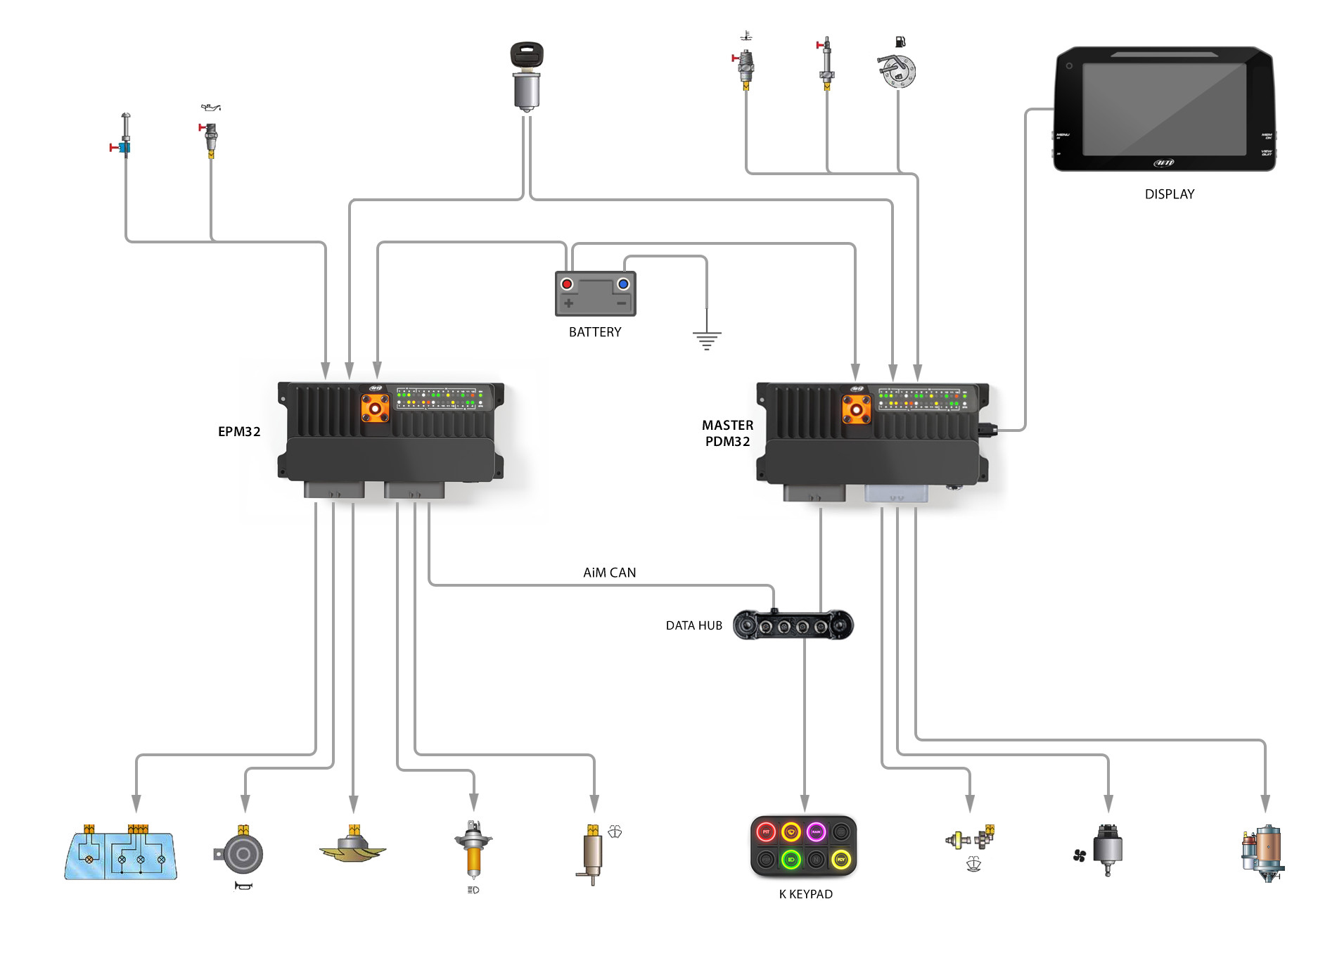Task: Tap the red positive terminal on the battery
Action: tap(567, 284)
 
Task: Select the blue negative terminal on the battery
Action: tap(623, 284)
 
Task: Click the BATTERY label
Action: tap(595, 332)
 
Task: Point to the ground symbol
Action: tap(707, 339)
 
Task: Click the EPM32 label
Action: tap(239, 432)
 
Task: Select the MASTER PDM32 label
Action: tap(727, 433)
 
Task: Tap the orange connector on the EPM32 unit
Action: tap(375, 408)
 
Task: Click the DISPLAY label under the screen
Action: tap(1169, 194)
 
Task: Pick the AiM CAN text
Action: tap(609, 573)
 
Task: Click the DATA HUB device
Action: tap(793, 625)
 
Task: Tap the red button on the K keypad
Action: tap(766, 832)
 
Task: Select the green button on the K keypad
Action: tap(791, 860)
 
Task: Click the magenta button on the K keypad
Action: tap(816, 832)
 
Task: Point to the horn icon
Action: tap(243, 853)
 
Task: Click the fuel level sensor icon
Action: tap(897, 70)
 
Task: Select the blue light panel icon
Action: tap(120, 855)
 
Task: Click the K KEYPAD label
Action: tap(805, 894)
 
